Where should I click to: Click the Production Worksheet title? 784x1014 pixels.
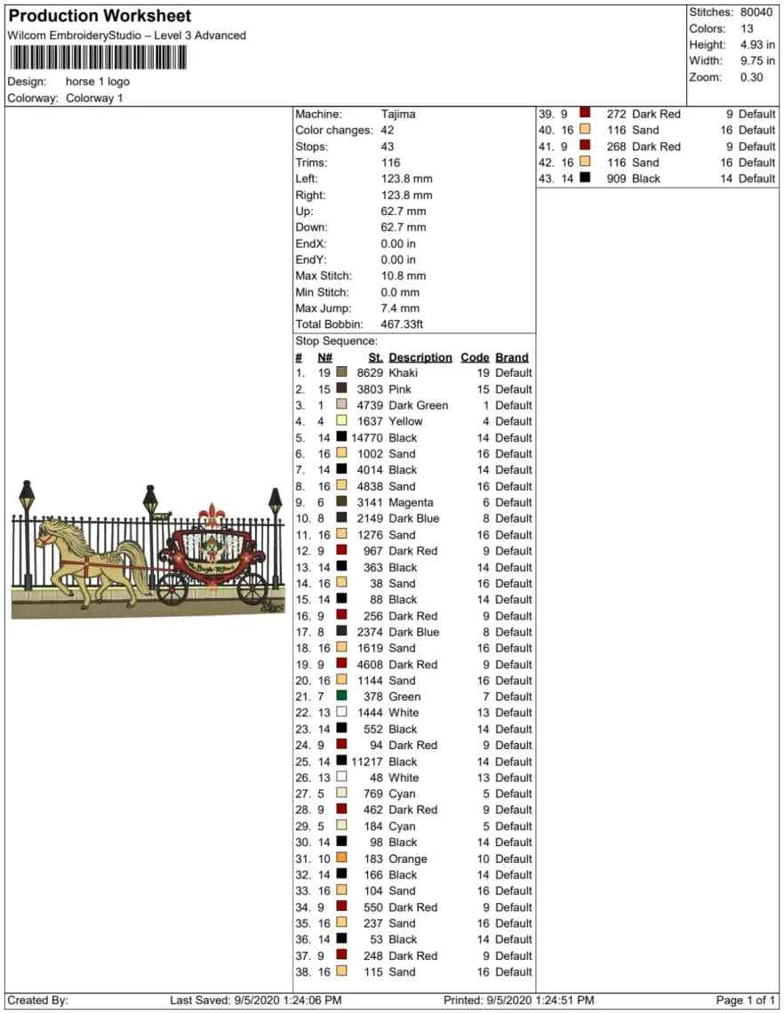[x=100, y=16]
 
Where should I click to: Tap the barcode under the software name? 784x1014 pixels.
[x=99, y=58]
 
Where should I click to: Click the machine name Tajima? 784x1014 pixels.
[x=398, y=115]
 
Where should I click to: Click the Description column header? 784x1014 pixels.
[x=420, y=357]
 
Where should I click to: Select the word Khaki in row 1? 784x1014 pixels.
[x=403, y=373]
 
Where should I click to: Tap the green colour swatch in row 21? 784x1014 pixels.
[x=341, y=696]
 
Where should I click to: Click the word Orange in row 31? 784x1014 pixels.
[x=408, y=858]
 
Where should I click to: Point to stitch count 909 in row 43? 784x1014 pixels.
[x=616, y=179]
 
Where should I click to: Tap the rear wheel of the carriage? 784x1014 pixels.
[x=252, y=587]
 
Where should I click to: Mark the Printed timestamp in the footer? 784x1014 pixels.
[x=519, y=1001]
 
